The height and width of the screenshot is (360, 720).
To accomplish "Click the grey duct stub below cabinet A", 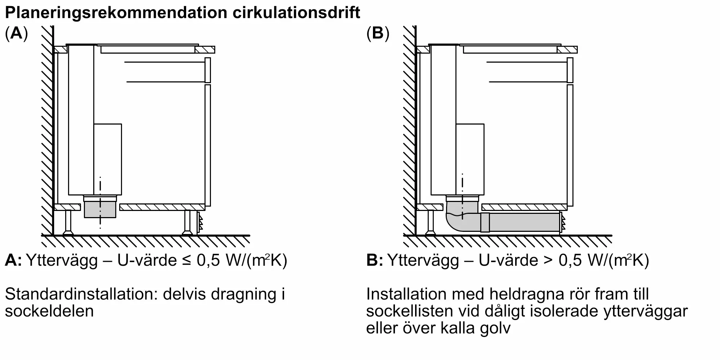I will pos(100,210).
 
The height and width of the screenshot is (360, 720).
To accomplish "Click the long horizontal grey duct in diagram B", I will pos(524,222).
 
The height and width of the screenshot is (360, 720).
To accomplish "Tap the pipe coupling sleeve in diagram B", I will pos(485,222).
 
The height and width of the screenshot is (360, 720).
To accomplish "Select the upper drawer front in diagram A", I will pos(207,70).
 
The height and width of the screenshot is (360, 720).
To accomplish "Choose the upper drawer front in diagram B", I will pos(570,70).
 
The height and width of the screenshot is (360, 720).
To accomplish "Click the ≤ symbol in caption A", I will pos(186,260).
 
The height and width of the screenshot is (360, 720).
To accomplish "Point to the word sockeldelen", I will pos(49,311).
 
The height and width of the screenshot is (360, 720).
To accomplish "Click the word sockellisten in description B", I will pos(412,311).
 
